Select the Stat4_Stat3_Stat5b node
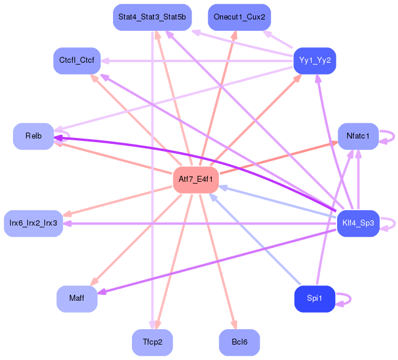coord(151,17)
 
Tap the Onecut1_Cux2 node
coord(239,17)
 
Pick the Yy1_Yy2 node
coord(315,60)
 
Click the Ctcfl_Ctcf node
coord(77,60)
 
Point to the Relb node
coord(33,136)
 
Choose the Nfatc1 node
coord(358,136)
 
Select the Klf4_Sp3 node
coord(358,223)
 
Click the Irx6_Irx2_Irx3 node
coord(33,223)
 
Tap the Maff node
coord(77,298)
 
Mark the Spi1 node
coord(315,298)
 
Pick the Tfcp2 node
coord(152,342)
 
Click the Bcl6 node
coord(239,342)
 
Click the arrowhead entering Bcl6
coord(234,325)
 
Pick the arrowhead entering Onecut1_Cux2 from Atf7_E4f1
coord(235,35)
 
